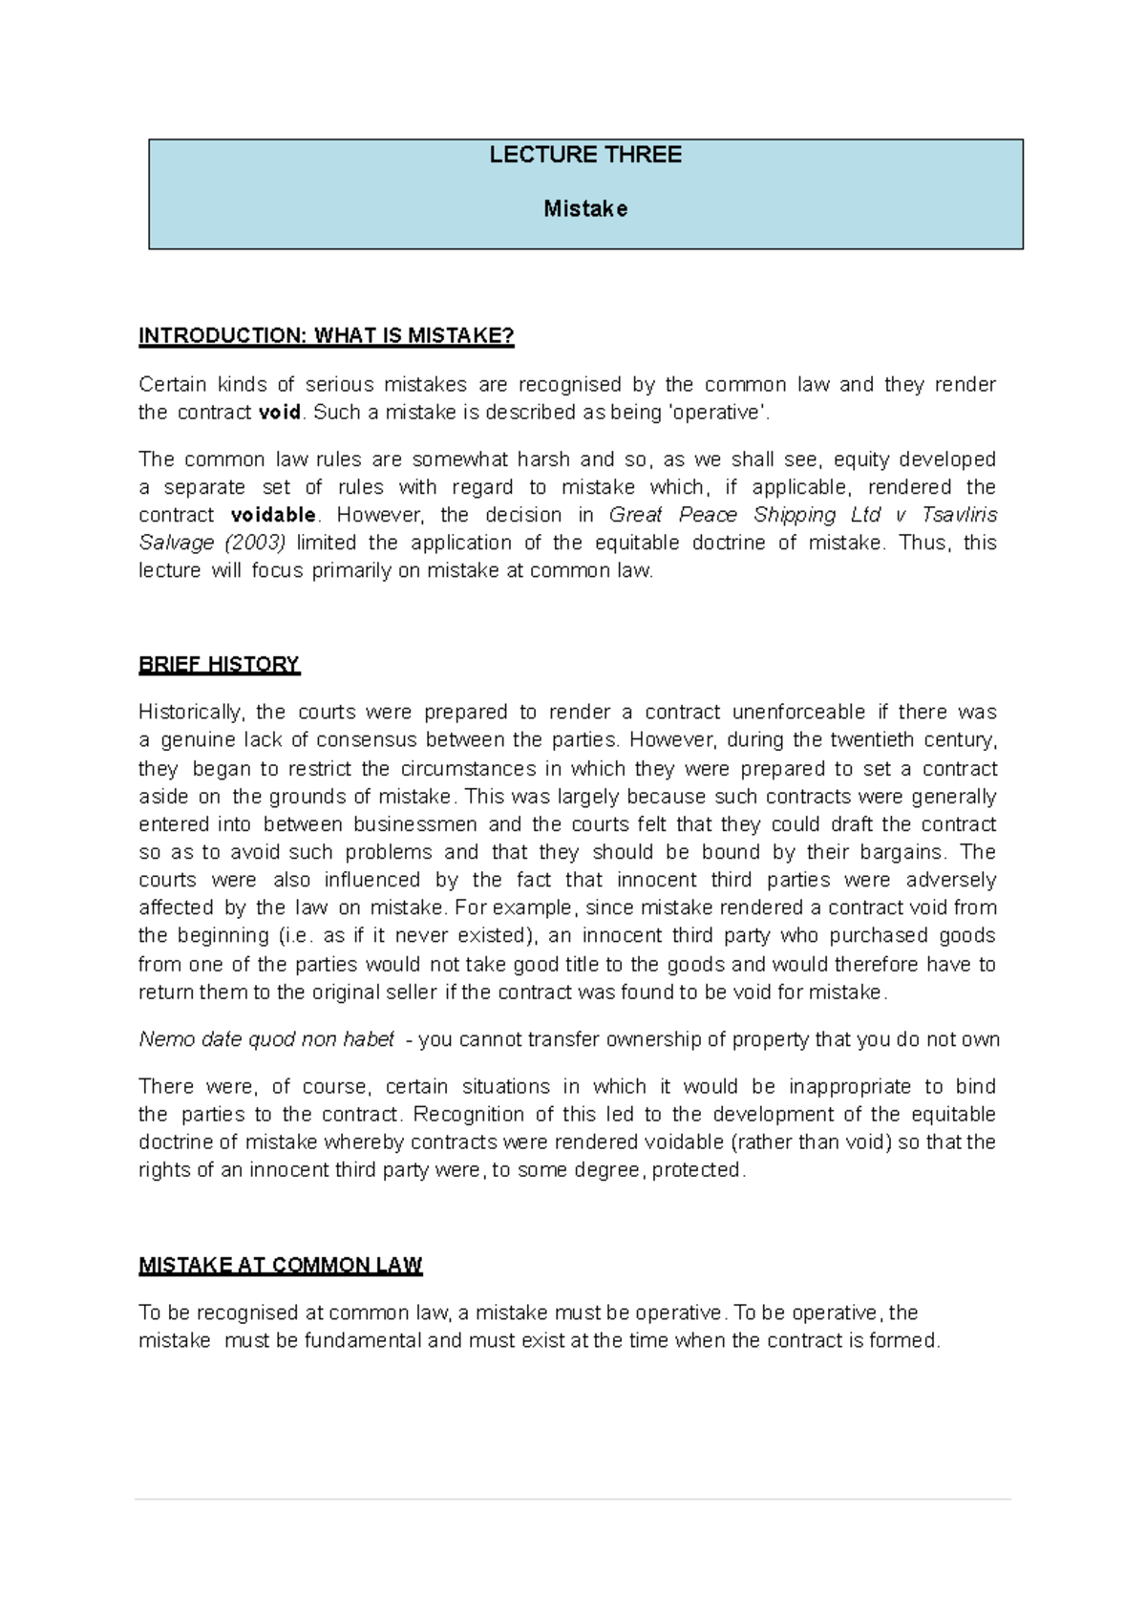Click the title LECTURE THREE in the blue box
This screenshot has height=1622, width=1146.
[585, 155]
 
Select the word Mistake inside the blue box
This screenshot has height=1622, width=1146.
[585, 208]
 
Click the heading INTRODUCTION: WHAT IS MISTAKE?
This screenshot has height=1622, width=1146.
[327, 335]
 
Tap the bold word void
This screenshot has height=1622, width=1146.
[280, 413]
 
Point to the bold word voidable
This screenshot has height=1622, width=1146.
[273, 515]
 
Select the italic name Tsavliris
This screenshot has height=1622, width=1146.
[959, 515]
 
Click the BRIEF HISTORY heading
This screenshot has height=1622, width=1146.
[219, 665]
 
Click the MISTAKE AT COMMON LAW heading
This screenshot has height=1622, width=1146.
[280, 1266]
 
